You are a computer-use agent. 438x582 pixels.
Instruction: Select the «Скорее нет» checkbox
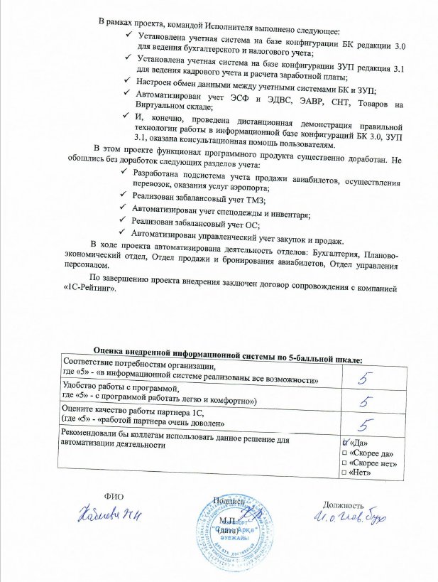coord(345,464)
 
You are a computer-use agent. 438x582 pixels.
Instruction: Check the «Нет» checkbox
coord(345,474)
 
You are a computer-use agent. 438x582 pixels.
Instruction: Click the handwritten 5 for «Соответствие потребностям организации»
coord(366,378)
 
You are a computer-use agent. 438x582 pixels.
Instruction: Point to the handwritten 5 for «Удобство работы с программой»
coord(366,402)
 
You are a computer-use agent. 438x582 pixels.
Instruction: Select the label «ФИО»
coord(114,497)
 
